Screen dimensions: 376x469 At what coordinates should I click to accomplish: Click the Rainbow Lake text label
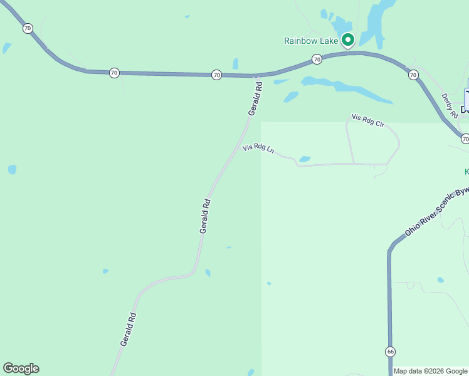coord(311,41)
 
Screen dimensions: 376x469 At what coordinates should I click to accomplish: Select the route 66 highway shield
coord(390,352)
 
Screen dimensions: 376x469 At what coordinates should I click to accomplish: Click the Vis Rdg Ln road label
coord(259,149)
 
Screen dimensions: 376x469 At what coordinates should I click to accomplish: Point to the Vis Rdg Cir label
coord(367,120)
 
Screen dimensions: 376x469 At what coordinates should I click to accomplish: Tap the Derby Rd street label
coord(450,105)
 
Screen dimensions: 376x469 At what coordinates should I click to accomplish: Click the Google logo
coord(21,368)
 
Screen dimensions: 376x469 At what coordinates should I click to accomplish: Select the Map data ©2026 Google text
coord(430,371)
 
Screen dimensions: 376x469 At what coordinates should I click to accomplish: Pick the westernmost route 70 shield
coord(28,28)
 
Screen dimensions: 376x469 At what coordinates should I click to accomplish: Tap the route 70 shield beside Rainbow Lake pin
coord(317,60)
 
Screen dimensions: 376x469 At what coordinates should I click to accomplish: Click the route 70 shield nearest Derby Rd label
coord(413,75)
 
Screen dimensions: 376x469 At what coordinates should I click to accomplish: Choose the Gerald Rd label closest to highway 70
coord(254,97)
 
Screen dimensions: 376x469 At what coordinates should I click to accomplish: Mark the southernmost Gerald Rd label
coord(128,330)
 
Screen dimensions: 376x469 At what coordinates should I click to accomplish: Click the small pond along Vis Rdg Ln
coord(305,159)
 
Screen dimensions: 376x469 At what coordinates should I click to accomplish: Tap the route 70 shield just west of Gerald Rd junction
coord(216,75)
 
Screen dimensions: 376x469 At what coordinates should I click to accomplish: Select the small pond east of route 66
coord(440,279)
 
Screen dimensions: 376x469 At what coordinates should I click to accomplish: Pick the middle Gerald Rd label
coord(205,216)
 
